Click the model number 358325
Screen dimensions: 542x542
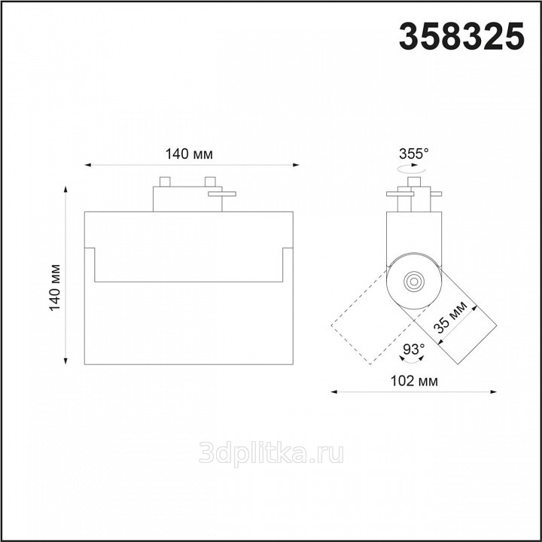(461, 36)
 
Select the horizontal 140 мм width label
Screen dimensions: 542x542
(189, 154)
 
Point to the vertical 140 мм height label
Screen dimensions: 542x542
(55, 288)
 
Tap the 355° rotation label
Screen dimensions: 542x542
(414, 154)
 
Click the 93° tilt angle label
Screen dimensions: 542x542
(414, 349)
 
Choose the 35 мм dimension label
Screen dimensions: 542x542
(450, 317)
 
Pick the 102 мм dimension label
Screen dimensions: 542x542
(414, 381)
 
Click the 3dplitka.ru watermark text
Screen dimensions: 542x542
(271, 453)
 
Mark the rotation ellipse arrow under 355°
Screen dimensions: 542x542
(411, 169)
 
